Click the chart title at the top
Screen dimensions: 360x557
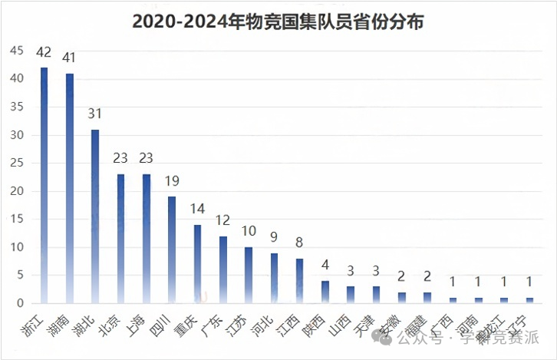[x=278, y=21]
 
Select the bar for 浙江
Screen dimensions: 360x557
[x=44, y=184]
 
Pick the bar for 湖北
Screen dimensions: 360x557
[x=95, y=216]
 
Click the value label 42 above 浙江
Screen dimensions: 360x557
[x=44, y=53]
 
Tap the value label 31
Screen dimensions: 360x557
[x=95, y=115]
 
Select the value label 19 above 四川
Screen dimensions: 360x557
[x=172, y=182]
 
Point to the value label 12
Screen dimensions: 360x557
[x=222, y=221]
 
